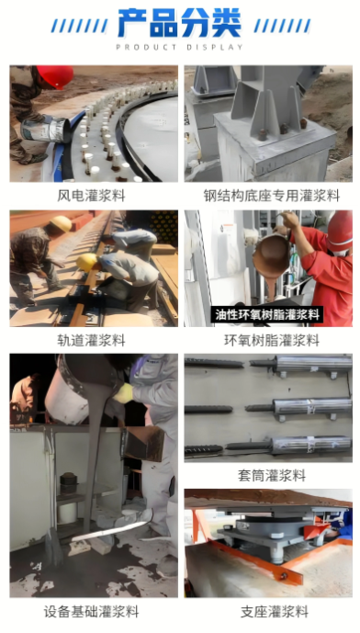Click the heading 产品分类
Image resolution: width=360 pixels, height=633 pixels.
[x=180, y=23]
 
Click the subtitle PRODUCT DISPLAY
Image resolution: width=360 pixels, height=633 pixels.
[x=180, y=47]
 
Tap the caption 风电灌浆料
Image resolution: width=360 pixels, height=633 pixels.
[x=91, y=196]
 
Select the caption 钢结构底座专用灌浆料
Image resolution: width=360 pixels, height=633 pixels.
[x=271, y=196]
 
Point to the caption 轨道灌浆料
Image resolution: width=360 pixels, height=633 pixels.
[x=91, y=340]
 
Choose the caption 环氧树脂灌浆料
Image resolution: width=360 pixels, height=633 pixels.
[x=272, y=340]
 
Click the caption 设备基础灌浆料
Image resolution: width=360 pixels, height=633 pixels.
[x=91, y=611]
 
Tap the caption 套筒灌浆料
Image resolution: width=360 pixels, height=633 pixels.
[x=272, y=476]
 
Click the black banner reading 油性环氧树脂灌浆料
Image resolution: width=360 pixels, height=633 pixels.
[x=266, y=314]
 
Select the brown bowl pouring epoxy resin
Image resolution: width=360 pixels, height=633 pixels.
[x=271, y=254]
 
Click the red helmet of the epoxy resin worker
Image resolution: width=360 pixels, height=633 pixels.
[x=340, y=231]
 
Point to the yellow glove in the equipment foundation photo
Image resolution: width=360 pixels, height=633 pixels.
[x=124, y=393]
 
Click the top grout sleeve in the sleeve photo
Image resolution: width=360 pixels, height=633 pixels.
[x=311, y=364]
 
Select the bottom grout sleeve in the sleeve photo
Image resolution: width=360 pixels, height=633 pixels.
[x=311, y=445]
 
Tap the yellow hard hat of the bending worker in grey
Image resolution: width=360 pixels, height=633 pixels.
[x=87, y=262]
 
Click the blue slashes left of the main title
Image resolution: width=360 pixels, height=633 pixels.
[x=79, y=26]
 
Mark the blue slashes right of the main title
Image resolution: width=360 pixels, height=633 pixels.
[x=283, y=26]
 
